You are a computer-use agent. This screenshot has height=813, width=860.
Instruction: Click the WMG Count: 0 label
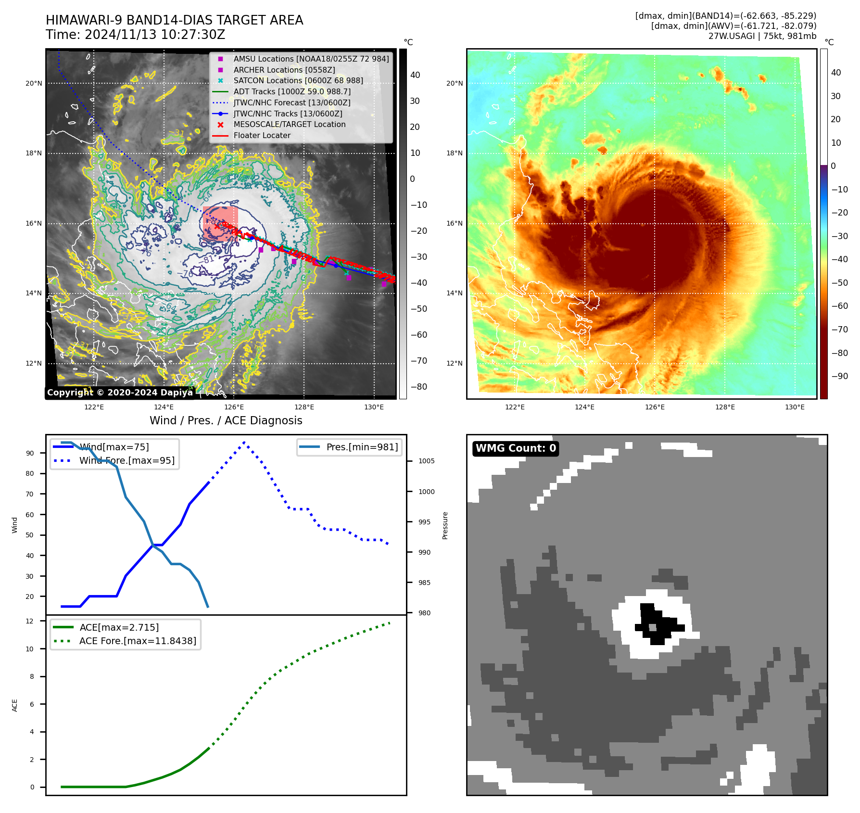click(x=515, y=448)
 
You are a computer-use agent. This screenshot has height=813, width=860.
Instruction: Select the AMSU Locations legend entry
click(x=311, y=59)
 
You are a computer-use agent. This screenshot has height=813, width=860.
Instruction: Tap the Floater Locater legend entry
click(x=262, y=135)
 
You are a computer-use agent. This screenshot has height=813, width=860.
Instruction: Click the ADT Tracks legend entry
click(x=291, y=91)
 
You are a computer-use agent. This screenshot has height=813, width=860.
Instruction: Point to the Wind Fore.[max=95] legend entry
click(x=127, y=460)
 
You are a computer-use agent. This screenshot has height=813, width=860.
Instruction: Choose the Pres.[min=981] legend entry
click(x=362, y=447)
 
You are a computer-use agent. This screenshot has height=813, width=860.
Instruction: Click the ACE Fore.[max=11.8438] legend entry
click(x=138, y=641)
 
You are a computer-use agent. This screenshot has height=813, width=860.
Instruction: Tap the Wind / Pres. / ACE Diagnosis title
click(x=226, y=420)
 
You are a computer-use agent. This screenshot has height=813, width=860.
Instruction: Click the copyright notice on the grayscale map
click(x=120, y=393)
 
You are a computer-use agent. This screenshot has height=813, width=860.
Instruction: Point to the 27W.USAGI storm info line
click(x=762, y=36)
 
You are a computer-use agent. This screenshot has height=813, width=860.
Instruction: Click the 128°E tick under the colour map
click(x=725, y=407)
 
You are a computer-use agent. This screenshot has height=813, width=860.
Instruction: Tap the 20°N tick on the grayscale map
click(x=34, y=83)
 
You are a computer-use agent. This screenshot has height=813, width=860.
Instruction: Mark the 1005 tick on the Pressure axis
click(x=426, y=461)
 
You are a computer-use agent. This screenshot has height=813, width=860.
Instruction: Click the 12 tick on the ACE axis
click(x=30, y=621)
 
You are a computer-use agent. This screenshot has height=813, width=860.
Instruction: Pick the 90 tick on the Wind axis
click(x=30, y=453)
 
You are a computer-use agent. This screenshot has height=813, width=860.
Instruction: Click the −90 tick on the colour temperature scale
click(x=839, y=376)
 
